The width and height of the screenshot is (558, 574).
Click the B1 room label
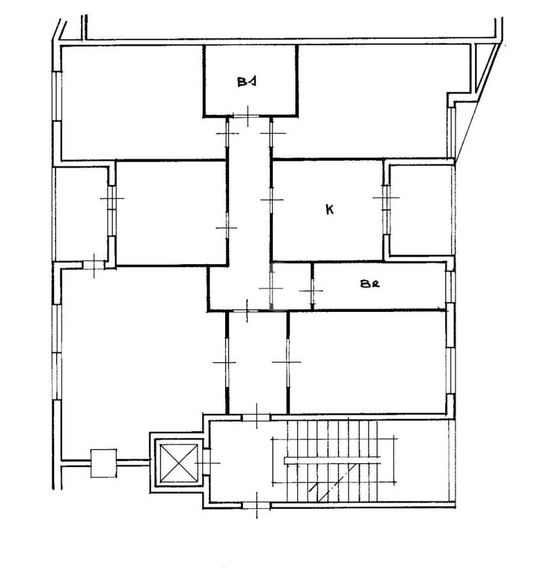tap(246, 81)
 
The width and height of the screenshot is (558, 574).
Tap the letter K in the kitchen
tap(330, 209)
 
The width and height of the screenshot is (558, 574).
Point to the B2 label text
tap(370, 283)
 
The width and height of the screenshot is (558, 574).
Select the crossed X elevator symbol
tap(179, 463)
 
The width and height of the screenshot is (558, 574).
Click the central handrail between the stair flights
tap(332, 460)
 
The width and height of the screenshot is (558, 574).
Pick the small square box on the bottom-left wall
tap(103, 463)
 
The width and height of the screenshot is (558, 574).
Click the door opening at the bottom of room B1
tap(246, 116)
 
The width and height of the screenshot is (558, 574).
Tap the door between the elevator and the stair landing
tap(207, 462)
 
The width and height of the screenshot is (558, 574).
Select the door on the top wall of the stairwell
tap(256, 417)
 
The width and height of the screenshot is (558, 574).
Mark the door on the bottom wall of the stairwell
tap(256, 506)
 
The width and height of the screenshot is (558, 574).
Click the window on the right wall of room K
tap(386, 209)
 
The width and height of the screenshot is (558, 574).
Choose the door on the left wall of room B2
tap(312, 290)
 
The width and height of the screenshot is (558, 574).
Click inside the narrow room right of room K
tap(422, 210)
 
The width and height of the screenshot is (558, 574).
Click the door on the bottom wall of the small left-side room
tap(93, 265)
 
